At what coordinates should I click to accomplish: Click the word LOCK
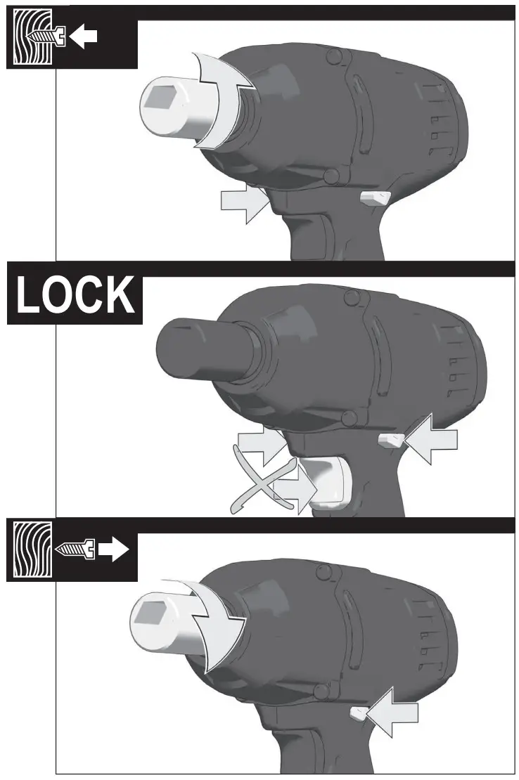tap(75, 295)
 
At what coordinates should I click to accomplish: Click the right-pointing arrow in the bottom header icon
tap(113, 551)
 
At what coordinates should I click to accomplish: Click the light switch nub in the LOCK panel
tap(390, 441)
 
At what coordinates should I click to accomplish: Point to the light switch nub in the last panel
tap(357, 714)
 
